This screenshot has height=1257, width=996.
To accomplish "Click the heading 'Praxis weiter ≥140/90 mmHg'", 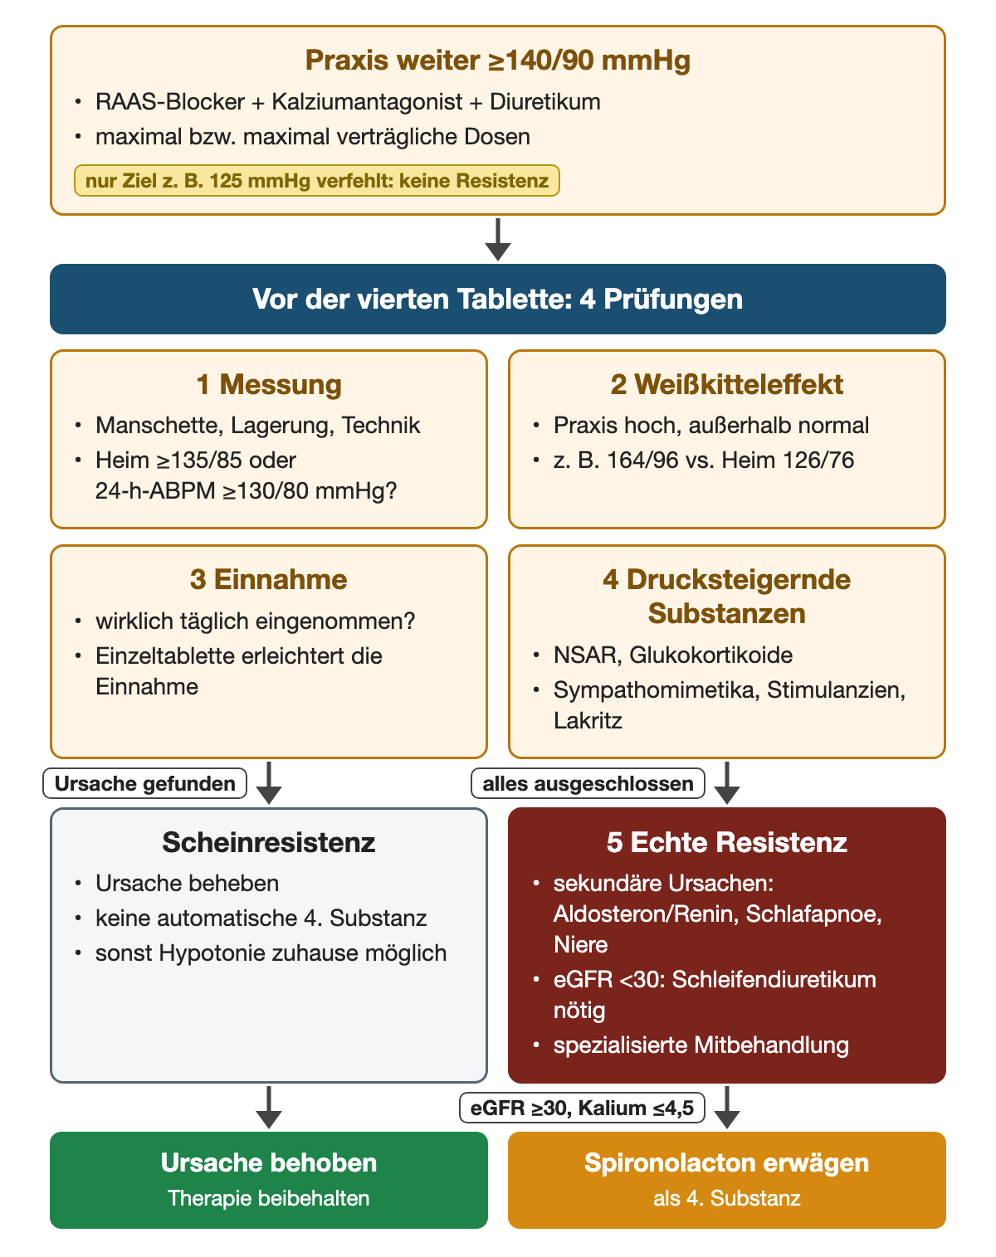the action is [x=497, y=61].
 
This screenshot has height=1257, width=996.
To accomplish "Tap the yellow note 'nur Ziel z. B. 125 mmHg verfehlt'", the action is [x=317, y=181].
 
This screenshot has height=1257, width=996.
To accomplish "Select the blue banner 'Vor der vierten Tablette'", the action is [x=497, y=299].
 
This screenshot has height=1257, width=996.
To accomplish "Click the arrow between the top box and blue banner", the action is [x=498, y=240].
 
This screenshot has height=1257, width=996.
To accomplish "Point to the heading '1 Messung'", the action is [x=269, y=384].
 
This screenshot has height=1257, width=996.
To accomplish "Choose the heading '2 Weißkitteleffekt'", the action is [x=726, y=384].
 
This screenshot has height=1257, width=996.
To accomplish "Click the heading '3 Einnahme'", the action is [x=269, y=579].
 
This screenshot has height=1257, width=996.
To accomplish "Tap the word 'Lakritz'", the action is [x=588, y=721].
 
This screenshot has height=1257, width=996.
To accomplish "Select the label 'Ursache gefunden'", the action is [x=145, y=783].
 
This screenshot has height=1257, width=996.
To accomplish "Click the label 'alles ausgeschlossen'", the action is [x=588, y=783].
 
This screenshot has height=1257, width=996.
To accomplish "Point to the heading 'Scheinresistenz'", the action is [x=269, y=842].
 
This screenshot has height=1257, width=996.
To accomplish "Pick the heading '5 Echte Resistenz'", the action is [x=726, y=842].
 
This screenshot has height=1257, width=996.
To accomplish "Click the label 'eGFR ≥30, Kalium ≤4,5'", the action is [x=582, y=1108].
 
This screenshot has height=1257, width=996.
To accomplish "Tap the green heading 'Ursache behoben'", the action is [x=269, y=1162].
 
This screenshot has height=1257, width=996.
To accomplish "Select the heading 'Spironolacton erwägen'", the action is [x=726, y=1162].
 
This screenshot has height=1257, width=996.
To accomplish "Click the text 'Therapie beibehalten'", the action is [x=269, y=1198].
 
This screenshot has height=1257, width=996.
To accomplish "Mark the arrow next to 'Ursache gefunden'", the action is [x=269, y=782].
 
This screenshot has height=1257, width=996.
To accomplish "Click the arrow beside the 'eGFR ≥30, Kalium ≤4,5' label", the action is [x=727, y=1108].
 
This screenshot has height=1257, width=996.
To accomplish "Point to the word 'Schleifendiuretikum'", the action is [x=774, y=980].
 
